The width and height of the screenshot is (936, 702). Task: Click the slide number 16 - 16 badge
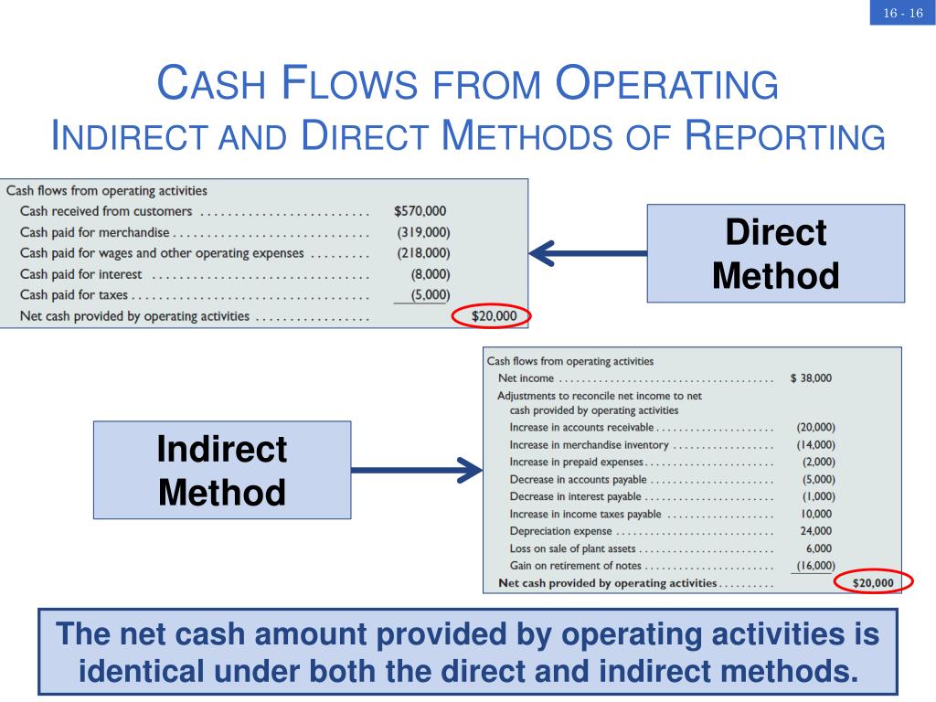(902, 14)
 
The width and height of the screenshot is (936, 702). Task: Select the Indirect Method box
(222, 470)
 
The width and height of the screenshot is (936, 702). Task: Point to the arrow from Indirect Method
(417, 471)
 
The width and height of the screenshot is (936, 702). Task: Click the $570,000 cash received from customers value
(420, 211)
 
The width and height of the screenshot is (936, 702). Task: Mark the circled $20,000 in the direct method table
(494, 316)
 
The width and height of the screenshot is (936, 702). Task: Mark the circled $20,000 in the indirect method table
(873, 582)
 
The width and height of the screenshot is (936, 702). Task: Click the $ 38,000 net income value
(811, 378)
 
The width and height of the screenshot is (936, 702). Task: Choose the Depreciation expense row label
(561, 531)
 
